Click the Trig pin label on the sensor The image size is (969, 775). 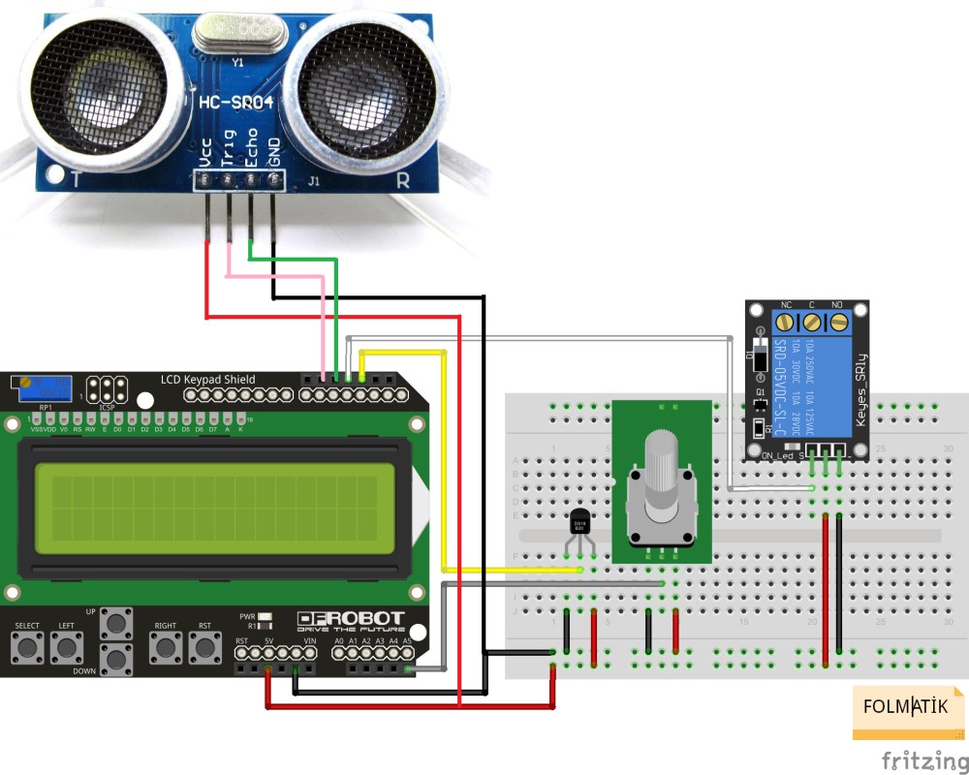click(229, 147)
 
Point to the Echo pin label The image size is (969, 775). click(252, 147)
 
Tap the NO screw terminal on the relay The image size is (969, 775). click(839, 321)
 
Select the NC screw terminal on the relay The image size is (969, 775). click(786, 321)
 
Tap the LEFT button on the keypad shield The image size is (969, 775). click(66, 647)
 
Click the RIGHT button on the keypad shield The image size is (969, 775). click(166, 647)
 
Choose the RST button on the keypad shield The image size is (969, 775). click(204, 647)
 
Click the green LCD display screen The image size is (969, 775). click(215, 509)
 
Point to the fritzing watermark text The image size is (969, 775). click(923, 759)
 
